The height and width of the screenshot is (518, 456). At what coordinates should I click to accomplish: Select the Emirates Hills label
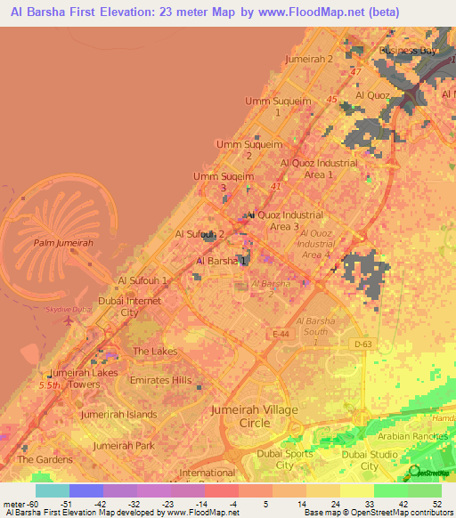tap(161, 380)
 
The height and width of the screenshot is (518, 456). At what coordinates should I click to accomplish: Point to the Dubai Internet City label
tap(130, 307)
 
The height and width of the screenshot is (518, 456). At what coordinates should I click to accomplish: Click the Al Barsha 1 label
tap(221, 261)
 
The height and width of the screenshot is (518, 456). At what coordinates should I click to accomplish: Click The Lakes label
tap(155, 352)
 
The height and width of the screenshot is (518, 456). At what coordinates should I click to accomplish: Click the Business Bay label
tap(409, 51)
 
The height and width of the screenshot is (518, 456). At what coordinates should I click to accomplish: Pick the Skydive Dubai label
tap(69, 309)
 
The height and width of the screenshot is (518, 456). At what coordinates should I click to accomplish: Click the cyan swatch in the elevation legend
tap(53, 490)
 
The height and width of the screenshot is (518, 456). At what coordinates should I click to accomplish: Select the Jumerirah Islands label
tap(118, 414)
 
